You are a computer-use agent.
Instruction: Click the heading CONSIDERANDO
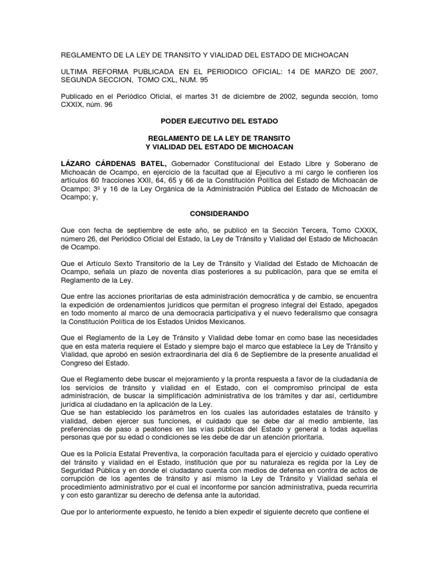point(219,212)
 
